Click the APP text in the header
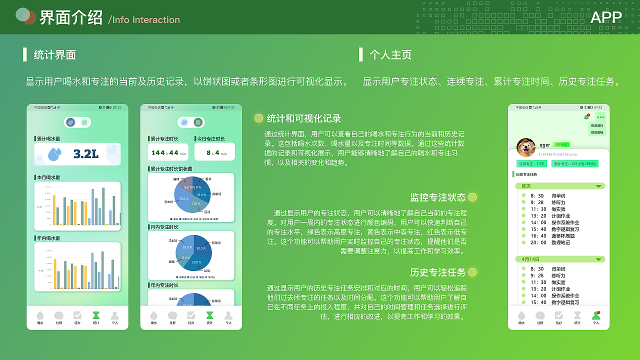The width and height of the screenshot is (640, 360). [x=606, y=17]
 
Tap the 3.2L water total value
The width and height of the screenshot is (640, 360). [x=85, y=154]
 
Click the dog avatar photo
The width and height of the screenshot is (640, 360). [x=526, y=147]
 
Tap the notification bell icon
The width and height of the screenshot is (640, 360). [x=586, y=117]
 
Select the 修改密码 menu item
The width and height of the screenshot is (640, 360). [x=597, y=132]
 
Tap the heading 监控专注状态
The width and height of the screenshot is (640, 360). [x=437, y=197]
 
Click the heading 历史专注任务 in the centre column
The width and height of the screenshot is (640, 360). [x=437, y=272]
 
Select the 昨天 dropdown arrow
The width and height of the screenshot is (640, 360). [x=598, y=186]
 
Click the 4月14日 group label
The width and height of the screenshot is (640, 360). [x=530, y=259]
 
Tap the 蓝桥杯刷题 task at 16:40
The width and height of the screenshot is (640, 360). [x=563, y=236]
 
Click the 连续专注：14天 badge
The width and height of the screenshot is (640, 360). [x=531, y=164]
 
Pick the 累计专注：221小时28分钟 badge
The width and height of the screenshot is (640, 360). [x=574, y=164]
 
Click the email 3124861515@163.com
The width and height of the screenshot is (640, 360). [x=557, y=154]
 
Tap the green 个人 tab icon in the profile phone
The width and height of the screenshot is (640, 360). [x=595, y=315]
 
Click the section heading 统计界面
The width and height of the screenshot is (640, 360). [x=54, y=55]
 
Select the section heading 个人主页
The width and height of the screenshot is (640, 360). [x=390, y=55]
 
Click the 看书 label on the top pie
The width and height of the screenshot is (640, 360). [x=208, y=178]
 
